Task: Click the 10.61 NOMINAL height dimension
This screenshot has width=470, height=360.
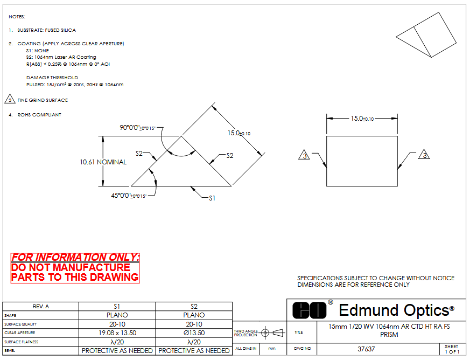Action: point(103,162)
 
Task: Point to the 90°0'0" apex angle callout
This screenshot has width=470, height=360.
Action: point(138,128)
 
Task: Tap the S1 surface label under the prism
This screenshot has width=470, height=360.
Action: point(212,198)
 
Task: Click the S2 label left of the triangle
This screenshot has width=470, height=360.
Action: point(139,154)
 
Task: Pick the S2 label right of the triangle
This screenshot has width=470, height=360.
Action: point(229,155)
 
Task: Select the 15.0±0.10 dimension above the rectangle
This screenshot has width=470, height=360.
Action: point(362,118)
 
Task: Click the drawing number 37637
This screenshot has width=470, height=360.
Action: point(366,349)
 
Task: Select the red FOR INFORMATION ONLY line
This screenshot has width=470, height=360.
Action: point(75,257)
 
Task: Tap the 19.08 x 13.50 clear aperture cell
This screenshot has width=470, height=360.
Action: point(117,333)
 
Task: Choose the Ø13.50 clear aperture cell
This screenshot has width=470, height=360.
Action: point(194,333)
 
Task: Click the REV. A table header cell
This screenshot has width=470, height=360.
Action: point(41,306)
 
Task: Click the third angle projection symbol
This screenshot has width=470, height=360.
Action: point(271,333)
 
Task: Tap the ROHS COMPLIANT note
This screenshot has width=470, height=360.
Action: point(39,115)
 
